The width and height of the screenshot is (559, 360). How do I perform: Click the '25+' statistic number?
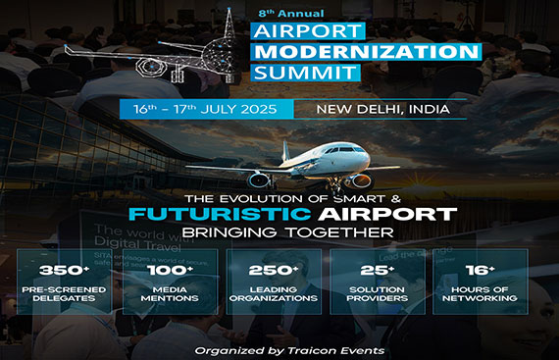[378, 270]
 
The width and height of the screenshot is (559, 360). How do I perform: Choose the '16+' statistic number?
[481, 270]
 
